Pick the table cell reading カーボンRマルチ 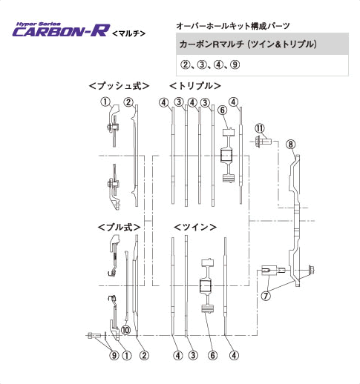click(249, 44)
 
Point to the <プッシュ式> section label click(119, 86)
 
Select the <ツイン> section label click(195, 225)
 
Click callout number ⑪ click(260, 128)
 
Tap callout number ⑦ click(266, 295)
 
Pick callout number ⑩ click(125, 330)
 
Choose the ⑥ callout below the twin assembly click(212, 355)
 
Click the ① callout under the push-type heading click(106, 102)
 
